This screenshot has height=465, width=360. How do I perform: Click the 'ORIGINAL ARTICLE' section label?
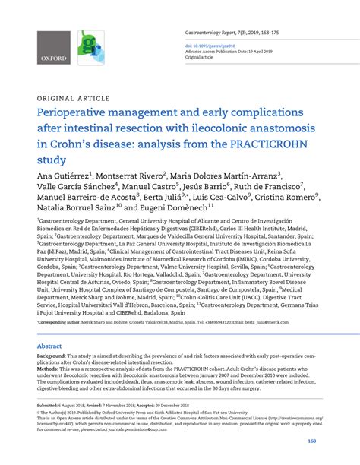(69, 98)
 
